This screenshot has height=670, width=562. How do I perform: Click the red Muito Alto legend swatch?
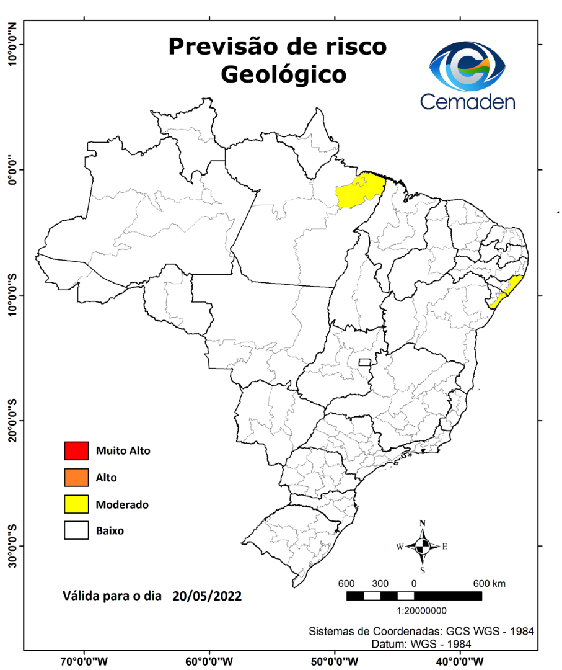(76, 450)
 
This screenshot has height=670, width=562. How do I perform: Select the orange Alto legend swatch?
(76, 478)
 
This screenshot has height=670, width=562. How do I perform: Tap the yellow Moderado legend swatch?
(76, 504)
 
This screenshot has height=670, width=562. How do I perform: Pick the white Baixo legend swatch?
(76, 531)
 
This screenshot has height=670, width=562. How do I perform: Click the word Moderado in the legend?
(122, 505)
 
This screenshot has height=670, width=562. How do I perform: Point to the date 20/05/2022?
(207, 596)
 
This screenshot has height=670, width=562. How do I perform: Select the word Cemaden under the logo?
(468, 101)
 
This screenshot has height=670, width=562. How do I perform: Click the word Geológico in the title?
(283, 74)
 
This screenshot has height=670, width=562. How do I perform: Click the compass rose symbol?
(423, 546)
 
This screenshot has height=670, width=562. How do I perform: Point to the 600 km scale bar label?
(490, 584)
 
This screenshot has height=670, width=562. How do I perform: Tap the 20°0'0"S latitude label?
(11, 421)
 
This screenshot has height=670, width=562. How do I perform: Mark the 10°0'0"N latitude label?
(11, 43)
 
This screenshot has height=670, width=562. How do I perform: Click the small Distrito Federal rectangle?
(365, 362)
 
